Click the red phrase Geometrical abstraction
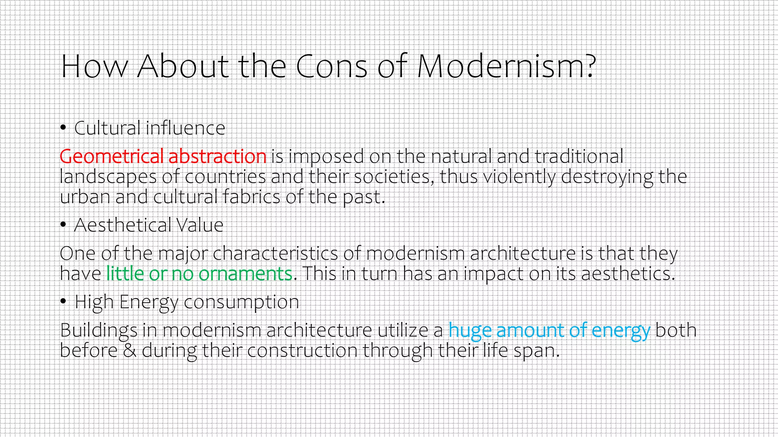[163, 156]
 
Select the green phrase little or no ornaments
[199, 274]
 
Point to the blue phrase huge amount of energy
[549, 330]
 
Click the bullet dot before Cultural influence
[63, 128]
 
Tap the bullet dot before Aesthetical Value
[63, 225]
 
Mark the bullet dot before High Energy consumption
[63, 302]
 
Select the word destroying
[607, 177]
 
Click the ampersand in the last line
[130, 350]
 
